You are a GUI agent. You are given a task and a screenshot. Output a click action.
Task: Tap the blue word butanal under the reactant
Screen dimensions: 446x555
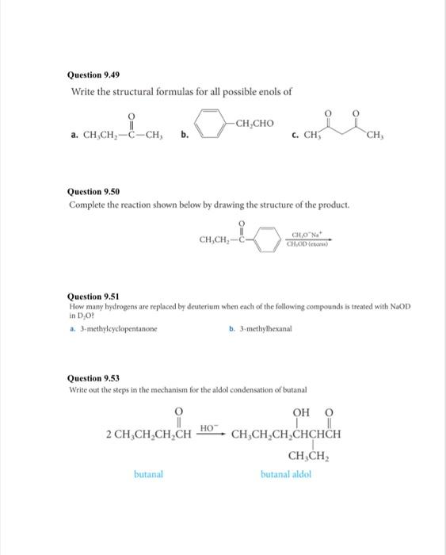pos(147,474)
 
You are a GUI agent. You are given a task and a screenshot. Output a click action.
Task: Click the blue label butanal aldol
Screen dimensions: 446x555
pos(286,474)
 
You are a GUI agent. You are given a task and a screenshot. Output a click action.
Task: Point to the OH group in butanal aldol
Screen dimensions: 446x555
pos(302,411)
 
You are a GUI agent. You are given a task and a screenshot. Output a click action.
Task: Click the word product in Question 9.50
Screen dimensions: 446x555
pos(330,206)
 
